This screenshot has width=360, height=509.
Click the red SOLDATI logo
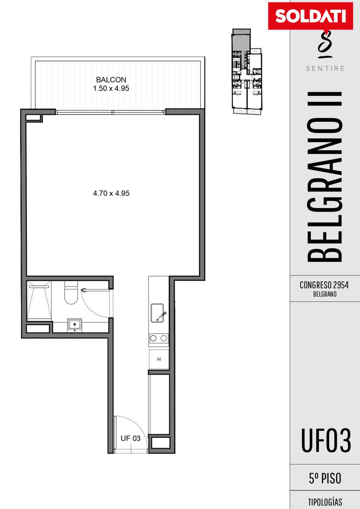click(310, 16)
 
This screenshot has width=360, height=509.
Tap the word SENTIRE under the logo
click(325, 68)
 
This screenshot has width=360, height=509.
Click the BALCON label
click(111, 80)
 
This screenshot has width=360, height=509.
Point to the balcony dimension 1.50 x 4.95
click(111, 88)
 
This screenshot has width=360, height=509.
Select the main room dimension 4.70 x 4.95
click(111, 193)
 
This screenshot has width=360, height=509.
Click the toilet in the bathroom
click(71, 292)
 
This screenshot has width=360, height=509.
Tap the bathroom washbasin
click(75, 325)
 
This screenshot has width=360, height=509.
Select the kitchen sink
click(157, 313)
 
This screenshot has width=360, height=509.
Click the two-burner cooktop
click(159, 338)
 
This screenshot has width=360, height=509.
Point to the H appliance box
click(159, 359)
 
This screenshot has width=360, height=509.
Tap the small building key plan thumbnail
click(247, 71)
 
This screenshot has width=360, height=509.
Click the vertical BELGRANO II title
click(325, 177)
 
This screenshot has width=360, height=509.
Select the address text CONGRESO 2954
click(324, 285)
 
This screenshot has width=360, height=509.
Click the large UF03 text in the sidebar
click(326, 441)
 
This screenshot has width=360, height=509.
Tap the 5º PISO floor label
click(325, 478)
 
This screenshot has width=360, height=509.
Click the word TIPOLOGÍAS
click(325, 501)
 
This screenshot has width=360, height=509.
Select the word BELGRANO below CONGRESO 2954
click(325, 294)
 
